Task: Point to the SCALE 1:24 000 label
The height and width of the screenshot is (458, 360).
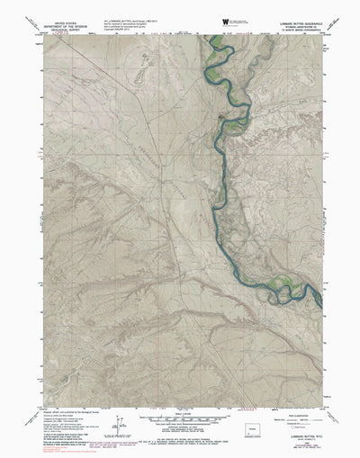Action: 180,406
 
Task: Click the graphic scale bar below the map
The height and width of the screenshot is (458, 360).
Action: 180,414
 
